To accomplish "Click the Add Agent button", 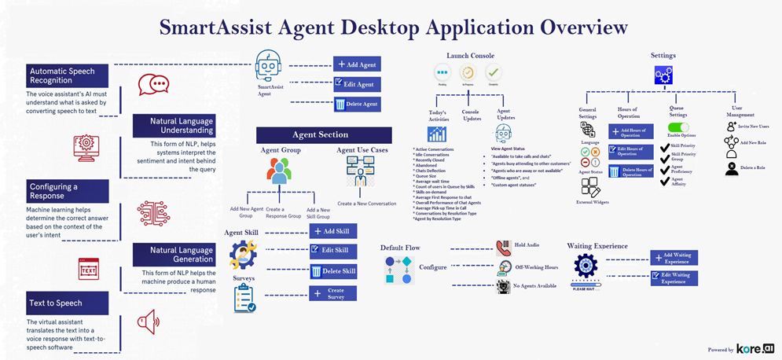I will point(356,64).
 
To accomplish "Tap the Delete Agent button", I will point(356,104).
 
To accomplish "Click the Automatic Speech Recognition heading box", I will point(68,76).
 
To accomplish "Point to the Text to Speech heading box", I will point(68,303).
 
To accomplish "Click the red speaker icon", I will point(148,321).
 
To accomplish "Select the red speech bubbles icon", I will point(153,84).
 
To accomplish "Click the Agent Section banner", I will point(324,135).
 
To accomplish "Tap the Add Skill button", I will point(332,231).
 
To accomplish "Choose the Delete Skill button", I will point(332,271).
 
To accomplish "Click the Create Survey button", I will point(332,293).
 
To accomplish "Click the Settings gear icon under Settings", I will point(663,75).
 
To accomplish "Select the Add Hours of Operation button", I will point(630,131).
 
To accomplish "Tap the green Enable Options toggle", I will point(677,127).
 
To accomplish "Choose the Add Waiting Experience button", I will point(674,258).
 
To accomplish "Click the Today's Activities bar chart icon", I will point(437,134).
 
